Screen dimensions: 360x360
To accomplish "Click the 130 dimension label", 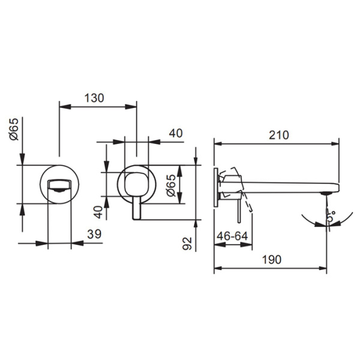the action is tap(94, 98).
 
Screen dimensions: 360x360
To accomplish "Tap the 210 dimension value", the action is tap(279, 135).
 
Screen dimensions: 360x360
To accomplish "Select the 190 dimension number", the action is tap(272, 260).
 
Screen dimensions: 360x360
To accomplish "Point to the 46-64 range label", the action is tap(232, 236).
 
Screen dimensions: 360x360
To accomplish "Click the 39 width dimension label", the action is tap(94, 234).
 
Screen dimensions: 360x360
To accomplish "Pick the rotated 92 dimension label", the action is tap(187, 244).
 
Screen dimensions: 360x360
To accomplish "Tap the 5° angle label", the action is tap(331, 215).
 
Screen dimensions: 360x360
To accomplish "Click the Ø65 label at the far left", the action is tap(14, 129).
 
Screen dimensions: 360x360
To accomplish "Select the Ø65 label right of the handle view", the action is tap(171, 185).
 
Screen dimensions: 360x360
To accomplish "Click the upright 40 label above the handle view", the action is tap(176, 133).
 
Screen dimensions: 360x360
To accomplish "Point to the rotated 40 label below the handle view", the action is tap(98, 212).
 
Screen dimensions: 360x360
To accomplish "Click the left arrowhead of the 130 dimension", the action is tap(65, 107).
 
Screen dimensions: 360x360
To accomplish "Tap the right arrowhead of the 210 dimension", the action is tap(334, 144).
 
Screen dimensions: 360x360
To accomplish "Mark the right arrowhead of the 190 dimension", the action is tap(321, 268).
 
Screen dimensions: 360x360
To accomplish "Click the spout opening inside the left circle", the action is tap(59, 185).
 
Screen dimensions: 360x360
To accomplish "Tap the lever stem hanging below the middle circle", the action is tap(137, 208).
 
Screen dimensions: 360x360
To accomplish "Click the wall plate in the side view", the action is tap(216, 188).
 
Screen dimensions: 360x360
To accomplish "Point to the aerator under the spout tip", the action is tap(326, 193).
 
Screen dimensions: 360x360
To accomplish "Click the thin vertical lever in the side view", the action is tap(239, 211).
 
